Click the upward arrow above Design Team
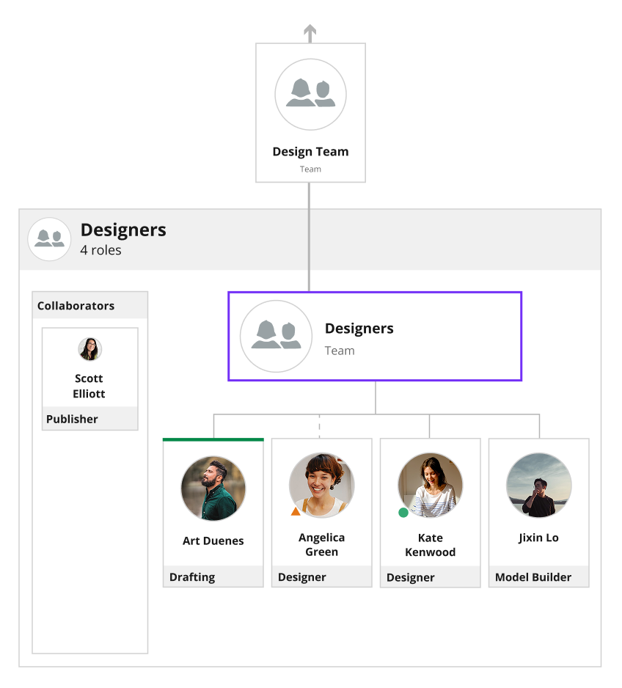coord(310,33)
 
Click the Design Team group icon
coord(310,95)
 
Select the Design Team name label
coord(310,151)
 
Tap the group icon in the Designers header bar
coord(49,239)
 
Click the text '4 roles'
coord(100,250)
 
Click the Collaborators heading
coord(76,305)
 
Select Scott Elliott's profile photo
coord(90,349)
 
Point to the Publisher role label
coord(72,419)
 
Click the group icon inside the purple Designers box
coord(276,336)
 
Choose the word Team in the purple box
coord(340,351)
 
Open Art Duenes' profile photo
coord(213,488)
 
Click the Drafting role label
coord(192,577)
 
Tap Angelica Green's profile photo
coord(321,486)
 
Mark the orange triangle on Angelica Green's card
coord(296,511)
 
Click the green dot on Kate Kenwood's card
coord(403,512)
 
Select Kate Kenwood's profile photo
coord(431,486)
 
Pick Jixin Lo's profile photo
coord(538,486)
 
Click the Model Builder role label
coord(533,577)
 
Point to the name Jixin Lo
coord(538,538)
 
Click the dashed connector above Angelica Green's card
coord(319,426)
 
